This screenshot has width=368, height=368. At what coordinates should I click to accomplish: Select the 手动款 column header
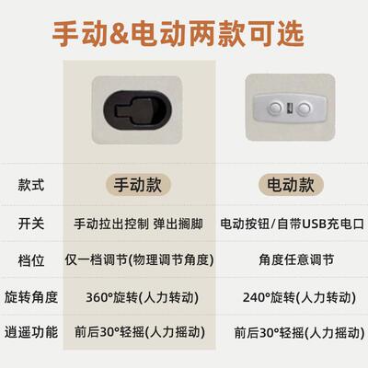pos(135,184)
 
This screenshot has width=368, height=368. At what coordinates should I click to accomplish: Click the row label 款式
pos(30,185)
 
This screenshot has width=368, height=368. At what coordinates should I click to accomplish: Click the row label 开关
pos(30,224)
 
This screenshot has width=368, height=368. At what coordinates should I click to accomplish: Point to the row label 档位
pos(30,261)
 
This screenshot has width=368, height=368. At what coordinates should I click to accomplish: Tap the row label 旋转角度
pos(31,297)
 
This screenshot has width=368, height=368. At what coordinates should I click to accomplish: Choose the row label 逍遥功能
pos(31,332)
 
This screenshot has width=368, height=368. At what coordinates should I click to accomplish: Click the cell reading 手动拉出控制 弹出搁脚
pos(135,224)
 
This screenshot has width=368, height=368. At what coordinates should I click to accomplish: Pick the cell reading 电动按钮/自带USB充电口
pos(293,224)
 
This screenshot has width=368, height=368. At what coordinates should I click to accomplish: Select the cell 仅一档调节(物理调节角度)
pos(135,261)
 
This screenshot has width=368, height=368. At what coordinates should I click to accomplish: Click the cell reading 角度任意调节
pos(293,261)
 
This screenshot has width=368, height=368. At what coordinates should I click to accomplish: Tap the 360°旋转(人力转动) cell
pos(135,297)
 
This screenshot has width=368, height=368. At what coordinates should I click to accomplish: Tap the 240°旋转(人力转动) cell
pos(293,297)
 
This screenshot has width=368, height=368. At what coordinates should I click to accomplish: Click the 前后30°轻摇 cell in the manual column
pos(135,332)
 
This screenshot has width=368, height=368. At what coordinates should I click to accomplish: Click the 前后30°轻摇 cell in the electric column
pos(293,332)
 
